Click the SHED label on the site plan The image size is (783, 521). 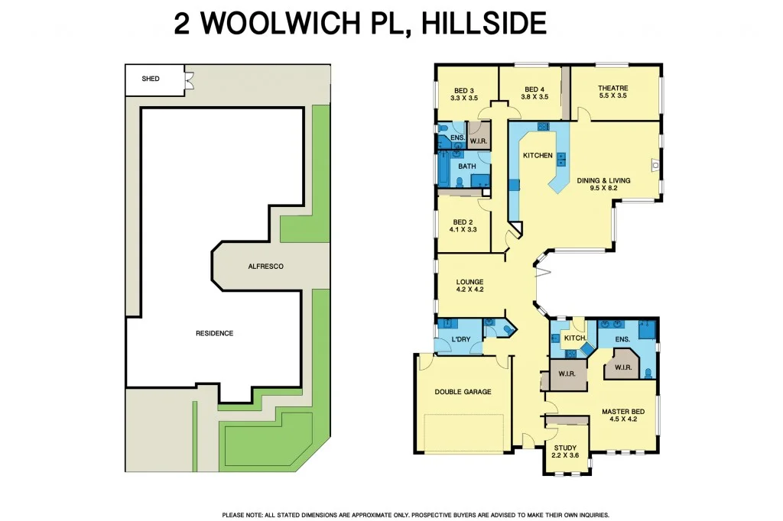151,79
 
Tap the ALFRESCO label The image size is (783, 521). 265,266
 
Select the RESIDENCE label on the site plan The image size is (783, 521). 214,333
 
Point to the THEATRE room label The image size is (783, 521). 612,89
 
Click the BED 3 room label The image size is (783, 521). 463,89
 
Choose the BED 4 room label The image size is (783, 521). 534,89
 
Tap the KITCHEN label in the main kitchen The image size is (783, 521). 538,156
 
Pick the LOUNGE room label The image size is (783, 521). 469,282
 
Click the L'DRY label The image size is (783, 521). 460,338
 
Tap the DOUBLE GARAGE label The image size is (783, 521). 463,392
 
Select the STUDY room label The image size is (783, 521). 566,448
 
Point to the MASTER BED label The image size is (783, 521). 623,411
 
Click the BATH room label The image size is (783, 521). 466,166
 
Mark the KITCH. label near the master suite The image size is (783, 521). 574,338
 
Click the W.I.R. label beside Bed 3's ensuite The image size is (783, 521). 479,140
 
